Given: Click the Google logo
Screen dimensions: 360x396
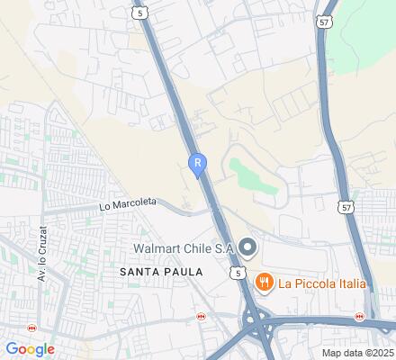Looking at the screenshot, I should click(30, 349).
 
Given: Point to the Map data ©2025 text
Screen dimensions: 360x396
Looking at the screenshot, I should click(357, 353).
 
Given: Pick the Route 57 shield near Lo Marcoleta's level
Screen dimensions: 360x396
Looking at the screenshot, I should click(346, 206).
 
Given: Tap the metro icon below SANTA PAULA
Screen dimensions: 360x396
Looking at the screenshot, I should click(202, 317).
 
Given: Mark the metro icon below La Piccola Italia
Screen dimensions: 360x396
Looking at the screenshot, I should click(359, 316).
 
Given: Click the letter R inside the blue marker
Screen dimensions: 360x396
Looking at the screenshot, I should click(196, 162).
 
